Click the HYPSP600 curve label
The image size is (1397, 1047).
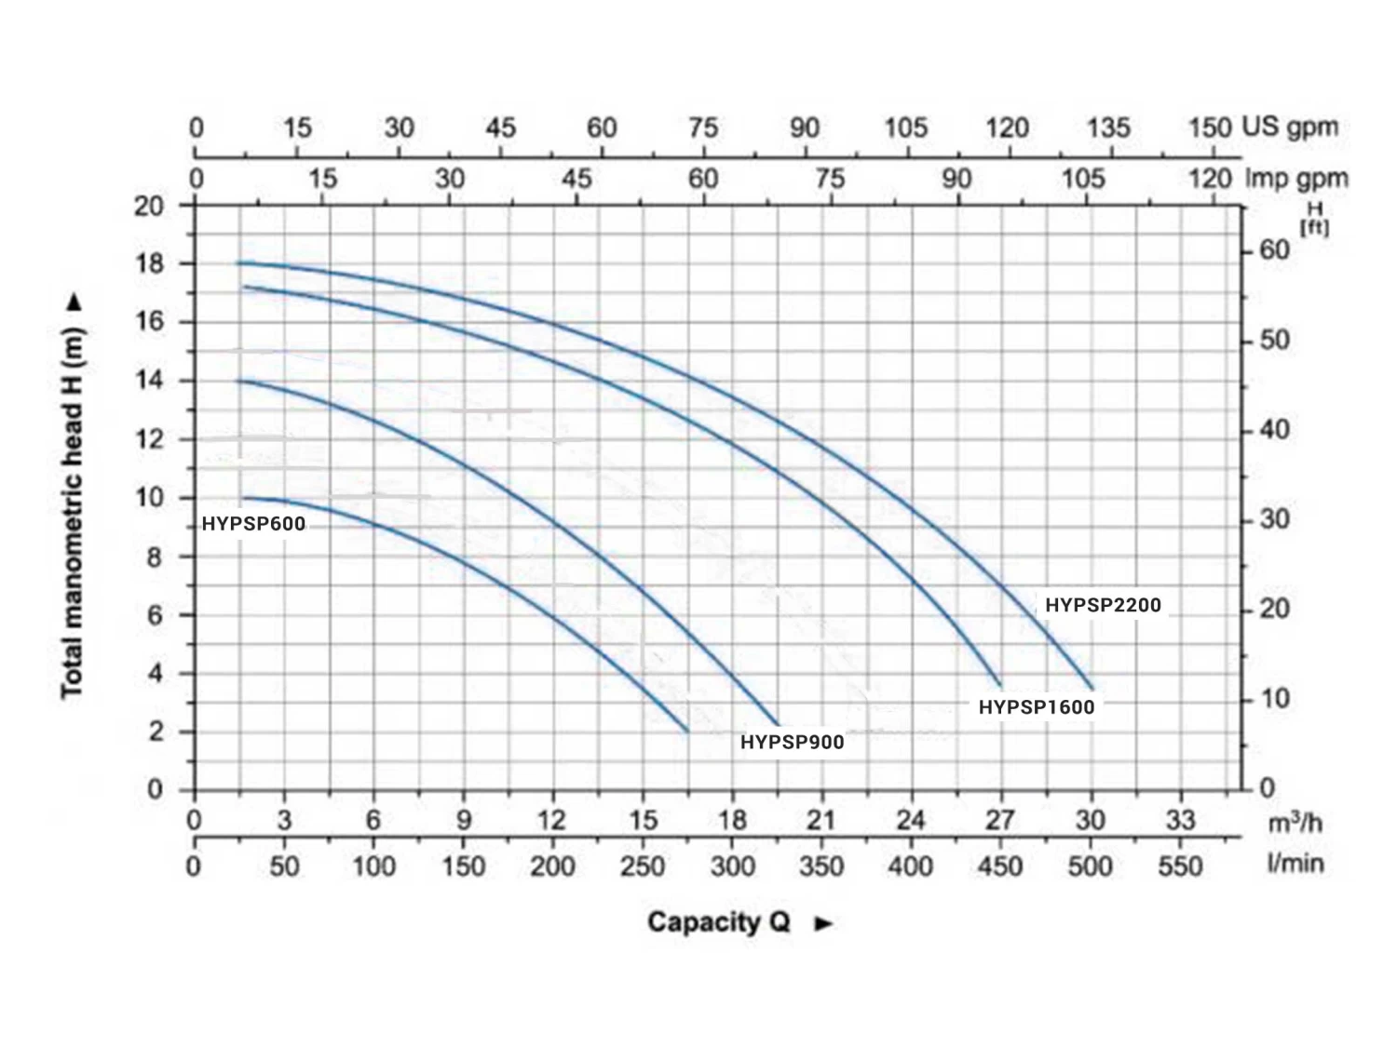click(x=253, y=524)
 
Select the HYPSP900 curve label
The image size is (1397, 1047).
click(x=792, y=743)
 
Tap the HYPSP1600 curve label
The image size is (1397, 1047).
click(x=1036, y=707)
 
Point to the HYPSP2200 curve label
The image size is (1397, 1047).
click(x=1103, y=605)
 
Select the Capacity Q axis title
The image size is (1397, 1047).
click(x=718, y=922)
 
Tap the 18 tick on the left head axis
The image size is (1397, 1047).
click(x=149, y=263)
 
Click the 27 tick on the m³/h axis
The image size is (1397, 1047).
click(x=1000, y=820)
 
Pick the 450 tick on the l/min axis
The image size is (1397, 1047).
click(x=1000, y=866)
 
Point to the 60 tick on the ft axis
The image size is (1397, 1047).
click(x=1274, y=250)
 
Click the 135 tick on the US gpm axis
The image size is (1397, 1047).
click(x=1108, y=128)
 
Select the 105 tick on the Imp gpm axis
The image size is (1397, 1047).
click(x=1083, y=178)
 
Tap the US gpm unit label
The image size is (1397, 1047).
click(x=1290, y=128)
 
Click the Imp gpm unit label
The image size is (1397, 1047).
click(x=1296, y=178)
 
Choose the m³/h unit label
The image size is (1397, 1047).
click(x=1295, y=823)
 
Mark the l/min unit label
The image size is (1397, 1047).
click(x=1295, y=864)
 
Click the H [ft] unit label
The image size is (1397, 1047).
click(x=1314, y=219)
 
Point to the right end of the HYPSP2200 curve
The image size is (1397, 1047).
click(x=1092, y=688)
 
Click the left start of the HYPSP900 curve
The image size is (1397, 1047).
click(x=238, y=381)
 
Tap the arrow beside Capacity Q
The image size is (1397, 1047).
click(x=823, y=923)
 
